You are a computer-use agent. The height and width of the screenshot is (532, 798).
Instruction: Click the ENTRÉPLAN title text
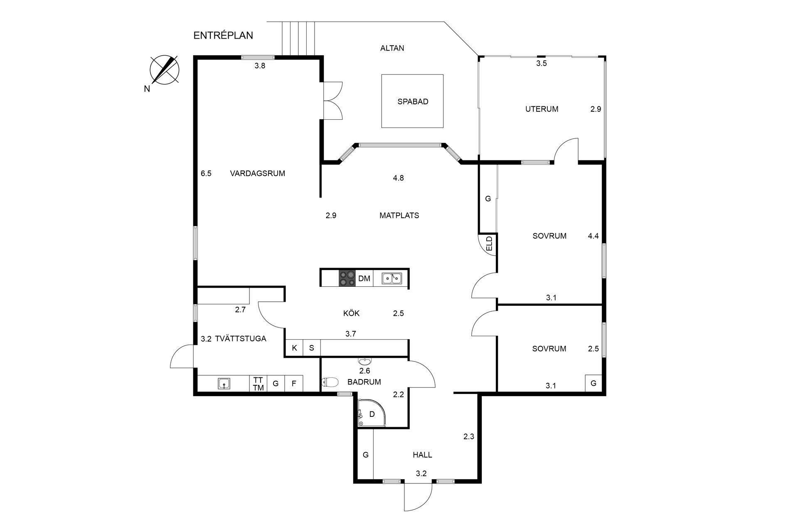[223, 36]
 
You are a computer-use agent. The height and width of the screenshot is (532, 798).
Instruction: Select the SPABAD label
[413, 101]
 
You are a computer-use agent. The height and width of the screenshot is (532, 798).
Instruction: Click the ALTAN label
[392, 48]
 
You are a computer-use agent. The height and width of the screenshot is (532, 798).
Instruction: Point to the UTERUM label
[542, 109]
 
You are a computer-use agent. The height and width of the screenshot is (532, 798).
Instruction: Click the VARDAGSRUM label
[258, 174]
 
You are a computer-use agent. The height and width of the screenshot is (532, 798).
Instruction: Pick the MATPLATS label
[399, 216]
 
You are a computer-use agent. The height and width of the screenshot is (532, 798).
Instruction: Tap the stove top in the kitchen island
[347, 278]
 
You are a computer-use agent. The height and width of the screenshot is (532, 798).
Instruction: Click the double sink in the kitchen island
[392, 278]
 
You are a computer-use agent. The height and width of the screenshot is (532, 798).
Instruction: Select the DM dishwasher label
[364, 278]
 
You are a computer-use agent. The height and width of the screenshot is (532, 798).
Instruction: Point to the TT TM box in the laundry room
[259, 384]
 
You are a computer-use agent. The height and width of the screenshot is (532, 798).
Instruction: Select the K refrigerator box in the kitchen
[294, 348]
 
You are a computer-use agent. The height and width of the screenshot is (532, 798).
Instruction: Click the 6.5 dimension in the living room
[206, 174]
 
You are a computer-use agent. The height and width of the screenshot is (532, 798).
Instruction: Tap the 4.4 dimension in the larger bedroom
[593, 236]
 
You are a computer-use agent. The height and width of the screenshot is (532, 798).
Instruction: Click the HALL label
[422, 455]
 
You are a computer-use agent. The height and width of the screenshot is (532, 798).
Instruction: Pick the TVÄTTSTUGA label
[241, 339]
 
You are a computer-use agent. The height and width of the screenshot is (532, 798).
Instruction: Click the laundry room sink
[224, 384]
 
